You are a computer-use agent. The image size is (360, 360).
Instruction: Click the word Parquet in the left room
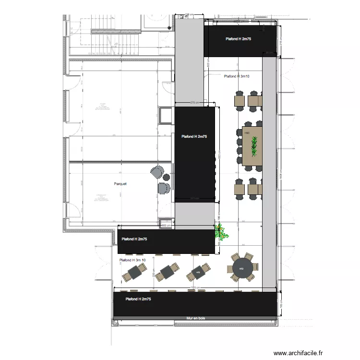pos(120,183)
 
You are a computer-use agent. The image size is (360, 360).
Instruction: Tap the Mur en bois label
pos(196,318)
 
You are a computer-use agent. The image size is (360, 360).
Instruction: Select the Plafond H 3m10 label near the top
pos(236,76)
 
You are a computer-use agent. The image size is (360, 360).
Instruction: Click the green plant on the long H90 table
pos(254,145)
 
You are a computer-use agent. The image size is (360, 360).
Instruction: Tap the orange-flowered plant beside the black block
pos(222,233)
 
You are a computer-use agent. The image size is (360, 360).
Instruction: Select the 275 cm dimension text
pos(194,102)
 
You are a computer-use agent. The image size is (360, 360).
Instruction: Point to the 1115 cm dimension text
pos(194,288)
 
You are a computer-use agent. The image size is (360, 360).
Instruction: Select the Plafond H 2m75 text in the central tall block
pos(194,137)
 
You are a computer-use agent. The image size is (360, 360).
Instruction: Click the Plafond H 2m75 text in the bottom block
pos(138,299)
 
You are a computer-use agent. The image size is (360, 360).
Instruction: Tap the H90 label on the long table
pos(247,133)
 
